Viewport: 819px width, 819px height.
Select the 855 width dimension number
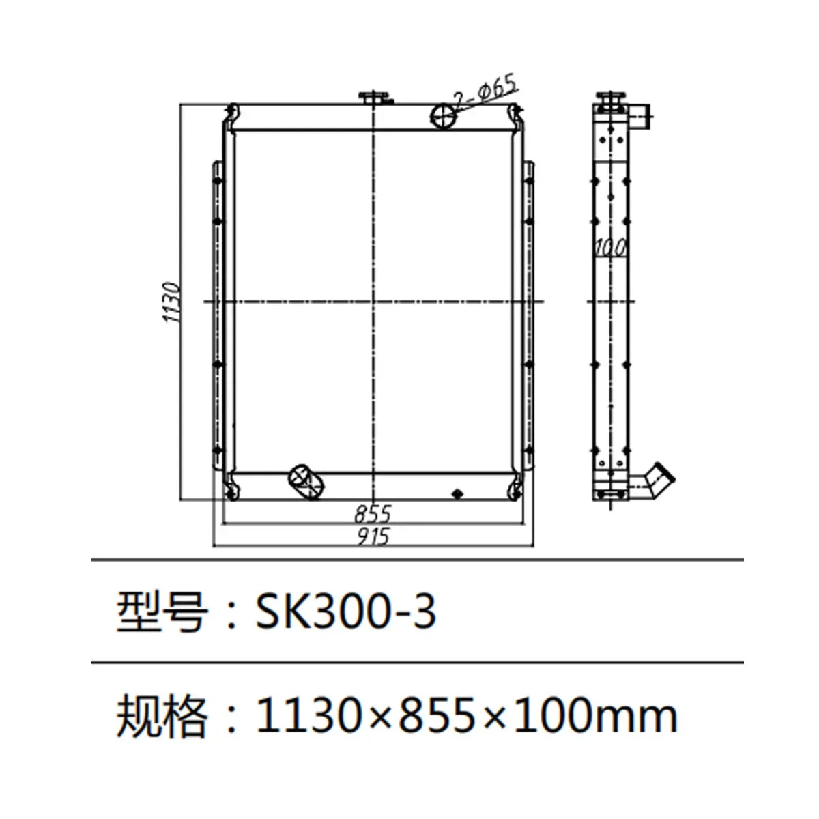click(373, 513)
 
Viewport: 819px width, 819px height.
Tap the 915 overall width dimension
click(373, 536)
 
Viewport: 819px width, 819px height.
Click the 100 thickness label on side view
click(609, 248)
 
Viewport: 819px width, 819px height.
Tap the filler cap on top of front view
click(375, 98)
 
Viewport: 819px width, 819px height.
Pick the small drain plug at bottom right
click(457, 493)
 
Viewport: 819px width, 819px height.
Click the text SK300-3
click(345, 611)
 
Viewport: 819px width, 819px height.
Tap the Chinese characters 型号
click(162, 611)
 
